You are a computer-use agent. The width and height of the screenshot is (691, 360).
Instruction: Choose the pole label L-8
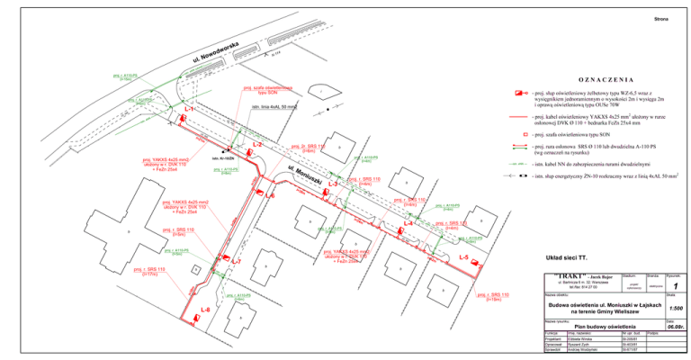[x=205, y=310]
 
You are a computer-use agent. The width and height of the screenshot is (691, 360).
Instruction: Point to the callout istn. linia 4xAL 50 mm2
[x=275, y=107]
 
